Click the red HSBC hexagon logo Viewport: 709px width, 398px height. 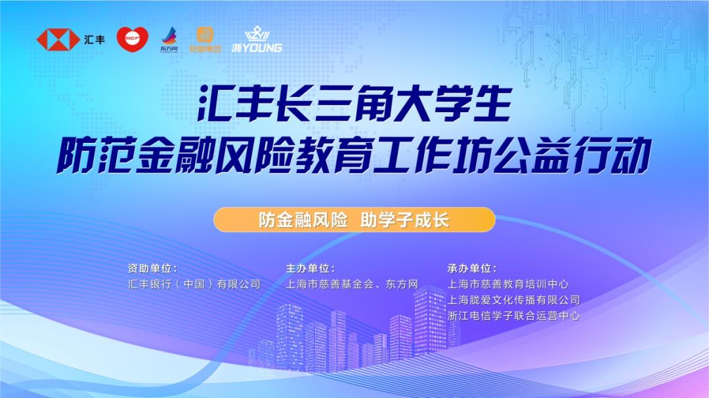click(x=58, y=39)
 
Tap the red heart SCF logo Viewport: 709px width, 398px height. click(x=133, y=39)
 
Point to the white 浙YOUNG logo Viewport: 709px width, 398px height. click(x=257, y=40)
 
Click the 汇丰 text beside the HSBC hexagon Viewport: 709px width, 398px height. click(x=95, y=39)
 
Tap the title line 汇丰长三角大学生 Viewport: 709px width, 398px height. click(x=354, y=107)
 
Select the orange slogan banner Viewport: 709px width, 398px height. click(x=354, y=220)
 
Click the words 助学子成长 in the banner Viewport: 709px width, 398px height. click(x=405, y=220)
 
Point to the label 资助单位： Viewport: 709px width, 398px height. click(x=152, y=268)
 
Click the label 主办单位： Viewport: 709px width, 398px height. click(x=311, y=268)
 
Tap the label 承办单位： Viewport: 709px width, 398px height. click(x=472, y=268)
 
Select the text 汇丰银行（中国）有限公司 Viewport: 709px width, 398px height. click(x=194, y=284)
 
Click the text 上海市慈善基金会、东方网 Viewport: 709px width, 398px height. click(x=353, y=284)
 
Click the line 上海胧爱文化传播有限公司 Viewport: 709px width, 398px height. click(x=513, y=300)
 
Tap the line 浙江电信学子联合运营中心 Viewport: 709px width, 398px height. click(x=513, y=315)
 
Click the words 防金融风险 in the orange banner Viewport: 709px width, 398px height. click(x=303, y=220)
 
